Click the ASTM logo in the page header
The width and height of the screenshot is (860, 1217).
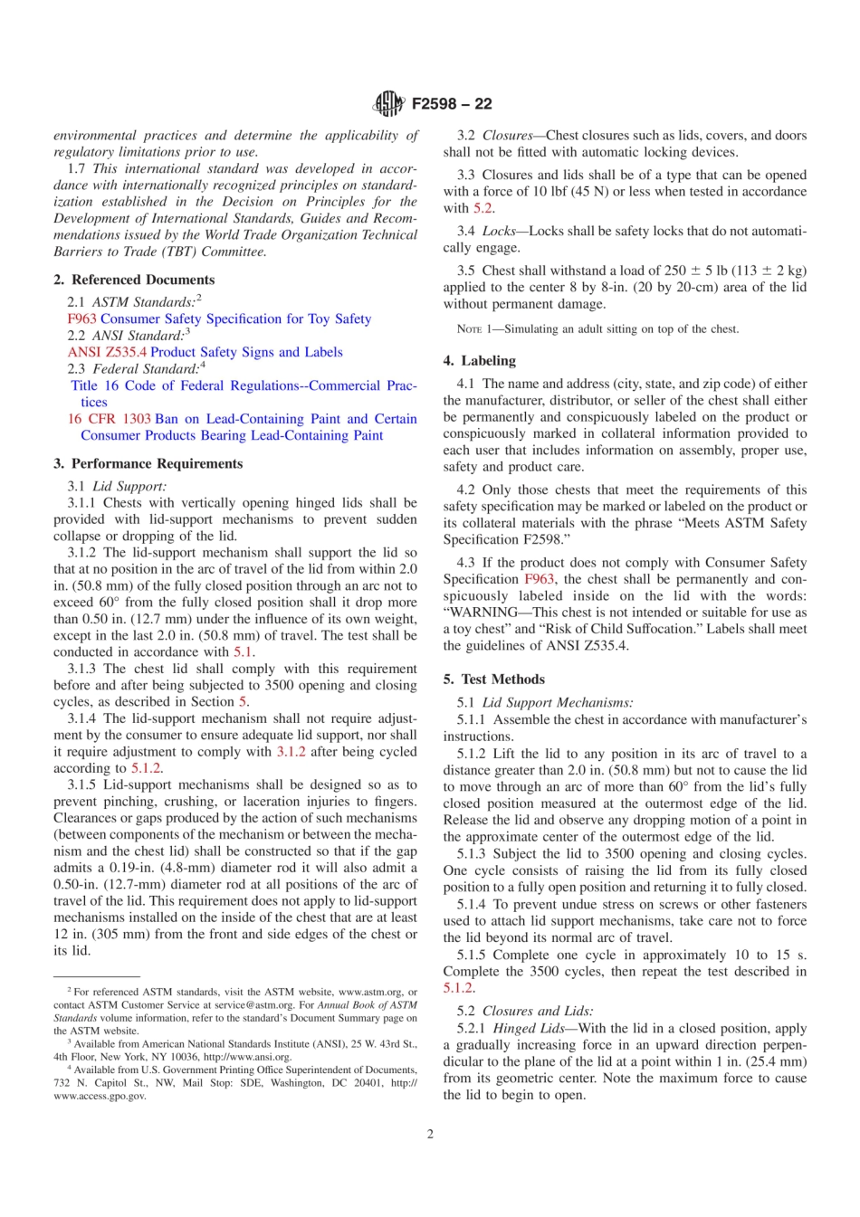388,104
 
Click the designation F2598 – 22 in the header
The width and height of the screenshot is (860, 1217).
452,104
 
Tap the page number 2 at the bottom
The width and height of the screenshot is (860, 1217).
430,1134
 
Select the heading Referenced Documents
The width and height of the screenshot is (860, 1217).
143,280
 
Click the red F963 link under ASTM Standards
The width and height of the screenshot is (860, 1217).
81,319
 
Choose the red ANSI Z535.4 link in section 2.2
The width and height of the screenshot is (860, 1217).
107,352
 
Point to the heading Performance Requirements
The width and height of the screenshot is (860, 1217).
157,463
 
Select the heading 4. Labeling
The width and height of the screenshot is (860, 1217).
480,360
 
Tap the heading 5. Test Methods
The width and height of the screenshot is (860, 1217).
494,679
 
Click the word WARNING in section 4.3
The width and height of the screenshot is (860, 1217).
487,613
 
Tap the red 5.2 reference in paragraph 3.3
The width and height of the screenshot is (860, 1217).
483,208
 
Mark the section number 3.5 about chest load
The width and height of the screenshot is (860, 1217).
465,271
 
